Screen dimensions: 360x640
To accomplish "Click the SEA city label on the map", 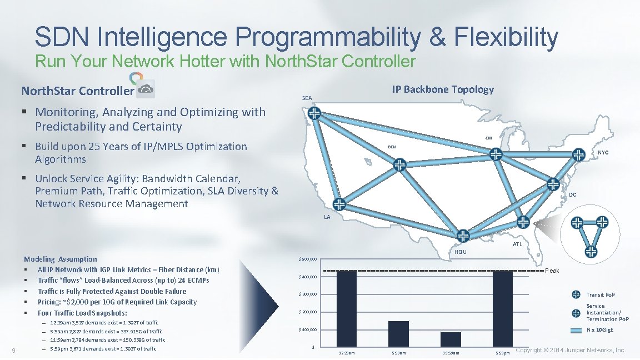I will click(307, 98).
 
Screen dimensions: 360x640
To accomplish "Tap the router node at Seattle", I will click(314, 113).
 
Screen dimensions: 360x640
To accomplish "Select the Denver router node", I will click(400, 164).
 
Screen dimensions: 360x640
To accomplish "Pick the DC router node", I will click(553, 184).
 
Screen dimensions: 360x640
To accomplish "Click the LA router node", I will click(339, 203).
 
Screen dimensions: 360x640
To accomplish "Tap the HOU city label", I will click(461, 252).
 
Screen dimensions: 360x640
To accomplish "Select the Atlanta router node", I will click(523, 222).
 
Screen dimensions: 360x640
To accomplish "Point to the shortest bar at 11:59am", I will click(451, 340).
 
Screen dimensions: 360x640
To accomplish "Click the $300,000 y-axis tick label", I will click(307, 294).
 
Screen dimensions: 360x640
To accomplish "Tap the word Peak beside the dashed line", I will click(552, 271).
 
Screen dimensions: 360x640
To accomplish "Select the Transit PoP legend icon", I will click(576, 294).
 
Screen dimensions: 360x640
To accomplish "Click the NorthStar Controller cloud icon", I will click(146, 89).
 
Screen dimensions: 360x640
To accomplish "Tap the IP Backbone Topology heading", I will click(442, 89).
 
